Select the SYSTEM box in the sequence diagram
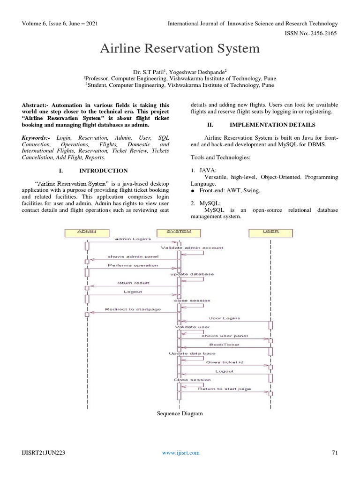click(x=179, y=232)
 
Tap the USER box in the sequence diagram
click(x=270, y=232)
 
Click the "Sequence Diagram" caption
click(x=180, y=413)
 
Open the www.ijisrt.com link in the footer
click(x=180, y=452)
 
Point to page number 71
click(x=334, y=452)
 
